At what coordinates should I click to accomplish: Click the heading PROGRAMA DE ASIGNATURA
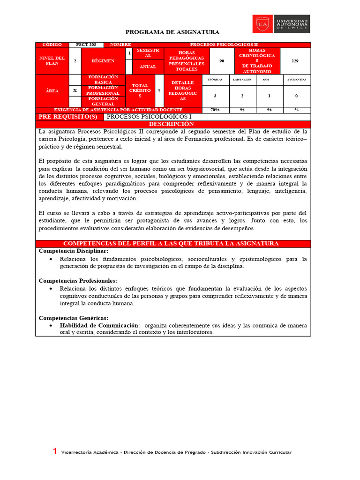click(x=172, y=32)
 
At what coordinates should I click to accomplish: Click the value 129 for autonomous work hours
click(x=295, y=61)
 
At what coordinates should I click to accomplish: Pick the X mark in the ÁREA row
click(x=75, y=90)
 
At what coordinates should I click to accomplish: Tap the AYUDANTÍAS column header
click(x=296, y=80)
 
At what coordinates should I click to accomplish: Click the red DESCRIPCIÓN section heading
click(x=172, y=124)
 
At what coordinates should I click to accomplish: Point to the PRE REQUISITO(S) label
click(x=68, y=117)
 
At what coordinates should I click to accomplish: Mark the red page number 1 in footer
click(x=55, y=451)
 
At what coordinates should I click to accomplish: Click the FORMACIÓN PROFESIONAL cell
click(x=104, y=90)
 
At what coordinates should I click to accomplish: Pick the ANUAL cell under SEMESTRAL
click(x=148, y=67)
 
